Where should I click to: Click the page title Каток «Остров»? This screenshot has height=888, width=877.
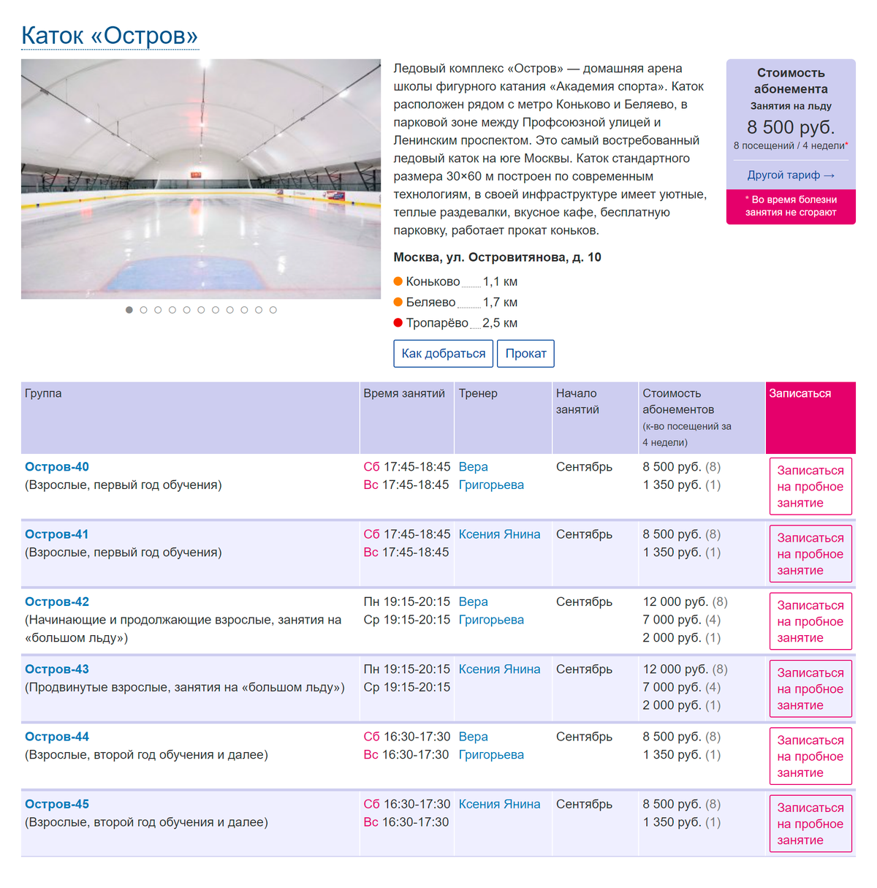coord(110,35)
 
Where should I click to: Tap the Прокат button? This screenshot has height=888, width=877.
coord(525,354)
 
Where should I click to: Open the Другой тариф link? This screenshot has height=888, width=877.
coord(790,175)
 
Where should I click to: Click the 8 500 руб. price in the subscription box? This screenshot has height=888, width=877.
coord(790,127)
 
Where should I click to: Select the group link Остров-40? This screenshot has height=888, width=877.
coord(57,467)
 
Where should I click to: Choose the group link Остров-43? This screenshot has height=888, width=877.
coord(57,669)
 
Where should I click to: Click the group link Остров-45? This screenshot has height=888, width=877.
coord(57,805)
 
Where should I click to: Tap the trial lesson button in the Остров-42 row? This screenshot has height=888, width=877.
coord(810,621)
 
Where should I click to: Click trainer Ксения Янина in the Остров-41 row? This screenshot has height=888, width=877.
coord(499,534)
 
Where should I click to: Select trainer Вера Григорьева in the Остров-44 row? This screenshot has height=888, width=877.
coord(490,745)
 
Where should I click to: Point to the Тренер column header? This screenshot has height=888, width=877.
coord(478,393)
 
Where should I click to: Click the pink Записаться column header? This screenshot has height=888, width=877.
coord(800,393)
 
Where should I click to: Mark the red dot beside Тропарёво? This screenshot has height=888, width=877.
coord(398,323)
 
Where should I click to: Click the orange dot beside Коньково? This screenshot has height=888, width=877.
coord(398,281)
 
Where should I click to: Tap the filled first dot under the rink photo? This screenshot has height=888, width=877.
coord(129,310)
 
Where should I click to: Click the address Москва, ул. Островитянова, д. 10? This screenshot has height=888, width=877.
coord(497,257)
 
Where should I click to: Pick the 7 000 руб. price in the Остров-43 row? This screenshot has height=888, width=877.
coord(672,688)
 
